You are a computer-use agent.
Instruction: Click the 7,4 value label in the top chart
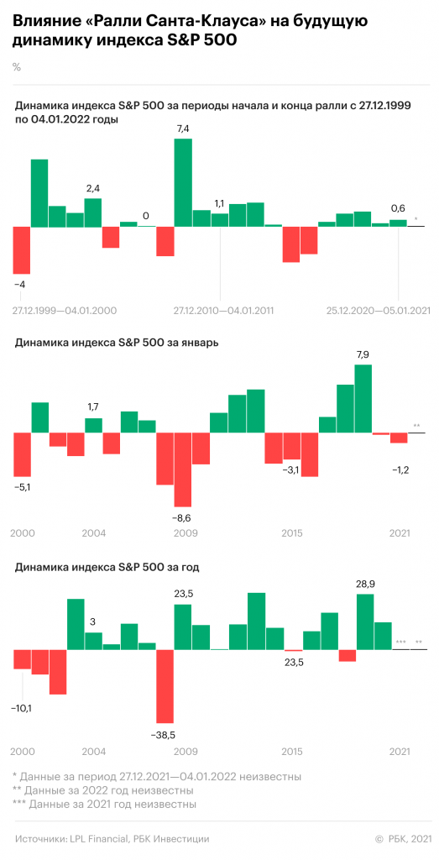(182, 128)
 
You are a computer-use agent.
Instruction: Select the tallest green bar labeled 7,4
(183, 182)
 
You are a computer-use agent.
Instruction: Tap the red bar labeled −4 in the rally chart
(21, 249)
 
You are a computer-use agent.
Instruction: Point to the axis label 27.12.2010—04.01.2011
(224, 311)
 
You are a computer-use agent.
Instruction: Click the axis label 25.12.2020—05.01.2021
(378, 311)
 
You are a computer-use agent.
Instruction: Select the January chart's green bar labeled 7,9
(363, 398)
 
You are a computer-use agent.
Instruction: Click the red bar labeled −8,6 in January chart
(182, 469)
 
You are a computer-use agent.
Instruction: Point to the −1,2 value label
(400, 469)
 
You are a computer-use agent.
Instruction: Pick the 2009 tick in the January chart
(186, 533)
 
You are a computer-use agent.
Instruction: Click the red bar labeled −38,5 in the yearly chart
(165, 686)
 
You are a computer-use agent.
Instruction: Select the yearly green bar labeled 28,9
(365, 621)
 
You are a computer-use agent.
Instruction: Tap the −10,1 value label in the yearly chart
(23, 709)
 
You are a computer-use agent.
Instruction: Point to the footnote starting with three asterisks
(105, 804)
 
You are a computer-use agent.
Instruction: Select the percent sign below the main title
(17, 67)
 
